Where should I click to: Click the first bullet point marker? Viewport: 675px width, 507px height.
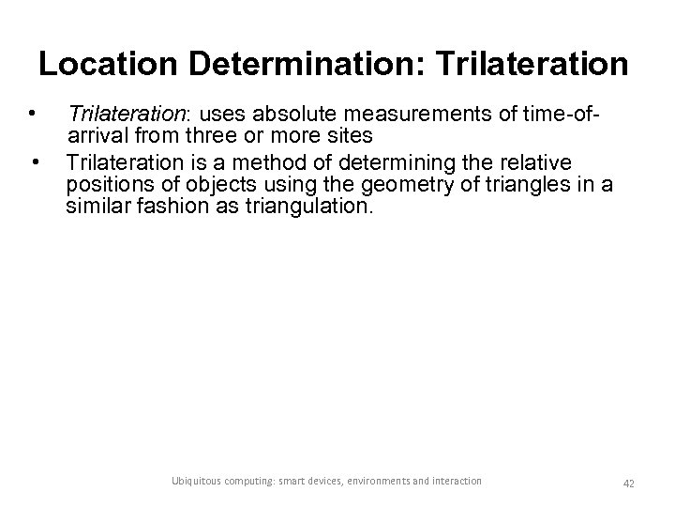[x=33, y=115]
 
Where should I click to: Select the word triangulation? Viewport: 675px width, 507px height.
[x=306, y=207]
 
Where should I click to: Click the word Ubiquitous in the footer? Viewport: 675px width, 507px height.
[x=200, y=481]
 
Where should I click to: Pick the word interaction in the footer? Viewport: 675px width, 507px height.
[x=456, y=481]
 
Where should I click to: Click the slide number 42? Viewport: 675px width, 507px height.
[x=628, y=482]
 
